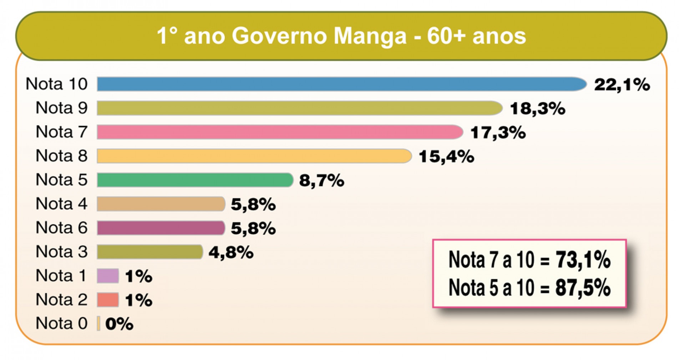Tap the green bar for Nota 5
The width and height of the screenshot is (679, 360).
pyautogui.click(x=195, y=180)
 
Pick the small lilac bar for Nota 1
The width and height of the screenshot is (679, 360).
pyautogui.click(x=108, y=276)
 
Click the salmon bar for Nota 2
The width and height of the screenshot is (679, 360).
pyautogui.click(x=108, y=300)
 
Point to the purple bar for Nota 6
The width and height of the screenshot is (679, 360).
pyautogui.click(x=161, y=228)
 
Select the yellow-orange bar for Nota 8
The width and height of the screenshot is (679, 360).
pyautogui.click(x=254, y=156)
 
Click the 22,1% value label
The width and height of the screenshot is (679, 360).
pyautogui.click(x=622, y=85)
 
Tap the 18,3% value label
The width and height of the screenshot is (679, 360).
pyautogui.click(x=537, y=108)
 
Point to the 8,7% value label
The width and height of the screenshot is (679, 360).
pyautogui.click(x=321, y=181)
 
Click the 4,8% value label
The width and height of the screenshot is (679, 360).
pyautogui.click(x=231, y=253)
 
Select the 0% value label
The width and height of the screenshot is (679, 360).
pyautogui.click(x=119, y=324)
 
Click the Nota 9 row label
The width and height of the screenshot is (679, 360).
pyautogui.click(x=61, y=108)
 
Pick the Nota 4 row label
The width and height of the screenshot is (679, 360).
pyautogui.click(x=61, y=204)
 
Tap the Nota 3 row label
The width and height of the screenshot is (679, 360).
pyautogui.click(x=61, y=252)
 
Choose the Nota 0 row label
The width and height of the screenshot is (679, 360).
pyautogui.click(x=61, y=323)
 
